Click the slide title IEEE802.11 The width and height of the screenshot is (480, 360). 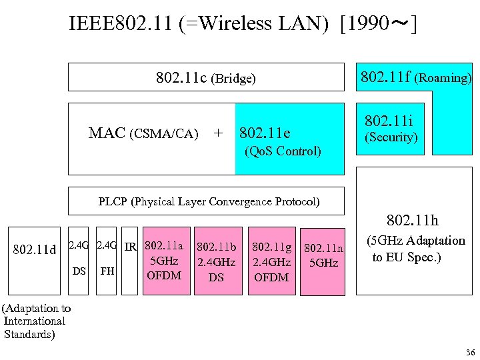pyautogui.click(x=243, y=24)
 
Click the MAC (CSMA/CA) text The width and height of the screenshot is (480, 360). pyautogui.click(x=143, y=133)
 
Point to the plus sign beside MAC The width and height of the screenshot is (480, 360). pyautogui.click(x=217, y=133)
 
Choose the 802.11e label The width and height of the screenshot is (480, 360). pyautogui.click(x=264, y=133)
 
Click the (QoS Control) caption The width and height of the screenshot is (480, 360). pyautogui.click(x=283, y=151)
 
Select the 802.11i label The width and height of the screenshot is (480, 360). pyautogui.click(x=389, y=121)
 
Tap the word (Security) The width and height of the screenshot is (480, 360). pyautogui.click(x=389, y=137)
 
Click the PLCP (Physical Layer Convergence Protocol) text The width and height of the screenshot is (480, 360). pyautogui.click(x=209, y=201)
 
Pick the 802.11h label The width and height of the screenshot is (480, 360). pyautogui.click(x=413, y=220)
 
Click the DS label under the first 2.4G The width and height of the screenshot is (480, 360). pyautogui.click(x=79, y=271)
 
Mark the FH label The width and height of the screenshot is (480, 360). pyautogui.click(x=106, y=271)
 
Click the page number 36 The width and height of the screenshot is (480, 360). pyautogui.click(x=470, y=352)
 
